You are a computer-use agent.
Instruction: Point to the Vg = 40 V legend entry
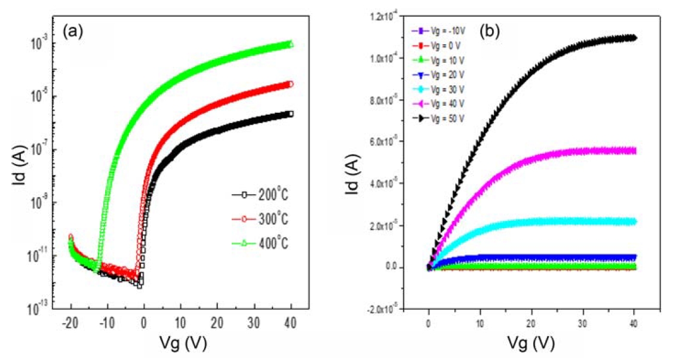tap(436, 103)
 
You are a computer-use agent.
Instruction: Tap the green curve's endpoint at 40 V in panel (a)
tap(291, 44)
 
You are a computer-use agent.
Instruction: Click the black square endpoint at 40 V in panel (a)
tap(291, 113)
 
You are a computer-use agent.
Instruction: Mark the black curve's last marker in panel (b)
tap(633, 38)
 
